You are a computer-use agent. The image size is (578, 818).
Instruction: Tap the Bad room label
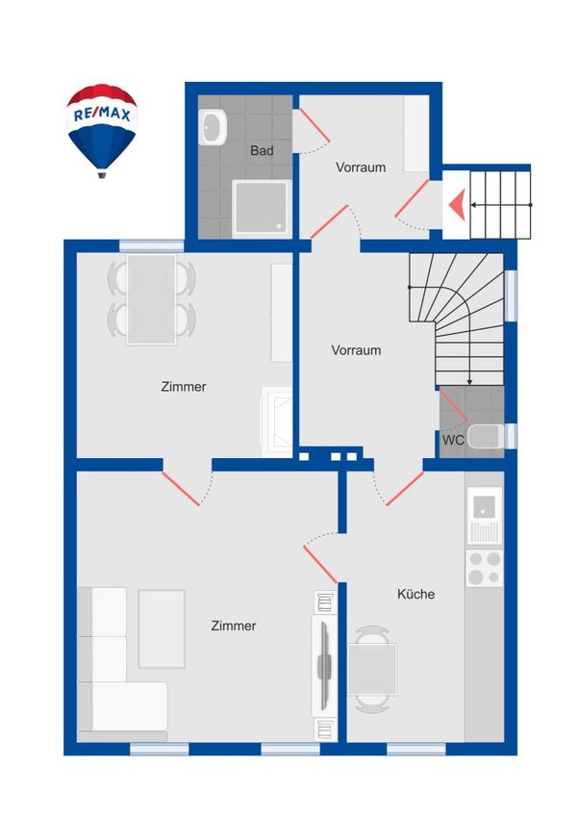click(x=262, y=151)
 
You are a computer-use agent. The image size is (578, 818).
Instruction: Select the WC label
click(x=453, y=441)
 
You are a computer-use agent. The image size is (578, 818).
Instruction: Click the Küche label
click(x=415, y=594)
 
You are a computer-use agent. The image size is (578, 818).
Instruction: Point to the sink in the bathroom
click(x=213, y=127)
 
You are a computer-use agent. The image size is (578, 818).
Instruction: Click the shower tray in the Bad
click(x=263, y=208)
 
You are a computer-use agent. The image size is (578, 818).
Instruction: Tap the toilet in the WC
click(x=486, y=437)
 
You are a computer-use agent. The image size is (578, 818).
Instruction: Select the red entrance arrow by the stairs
click(x=457, y=205)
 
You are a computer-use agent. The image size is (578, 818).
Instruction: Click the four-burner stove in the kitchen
click(x=484, y=568)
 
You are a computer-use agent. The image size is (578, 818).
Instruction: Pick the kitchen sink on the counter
click(x=484, y=516)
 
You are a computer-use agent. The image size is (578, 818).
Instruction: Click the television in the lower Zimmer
click(x=325, y=666)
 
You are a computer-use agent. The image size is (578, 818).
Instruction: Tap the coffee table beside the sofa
click(x=162, y=628)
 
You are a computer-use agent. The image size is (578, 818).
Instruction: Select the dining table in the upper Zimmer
click(x=151, y=299)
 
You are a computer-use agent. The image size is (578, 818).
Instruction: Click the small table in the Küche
click(x=372, y=670)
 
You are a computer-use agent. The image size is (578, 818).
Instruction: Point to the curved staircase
click(x=457, y=320)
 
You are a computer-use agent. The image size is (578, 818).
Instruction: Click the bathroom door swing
click(x=313, y=131)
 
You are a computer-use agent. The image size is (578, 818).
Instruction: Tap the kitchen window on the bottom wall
click(x=415, y=749)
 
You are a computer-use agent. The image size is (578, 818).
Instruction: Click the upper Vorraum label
click(x=361, y=167)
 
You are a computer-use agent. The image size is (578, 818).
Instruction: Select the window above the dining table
click(x=151, y=245)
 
